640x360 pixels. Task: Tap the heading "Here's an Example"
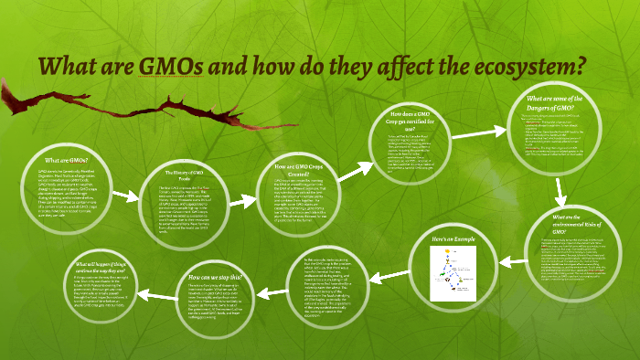pyautogui.click(x=455, y=240)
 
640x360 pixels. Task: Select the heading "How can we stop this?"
pyautogui.click(x=215, y=277)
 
